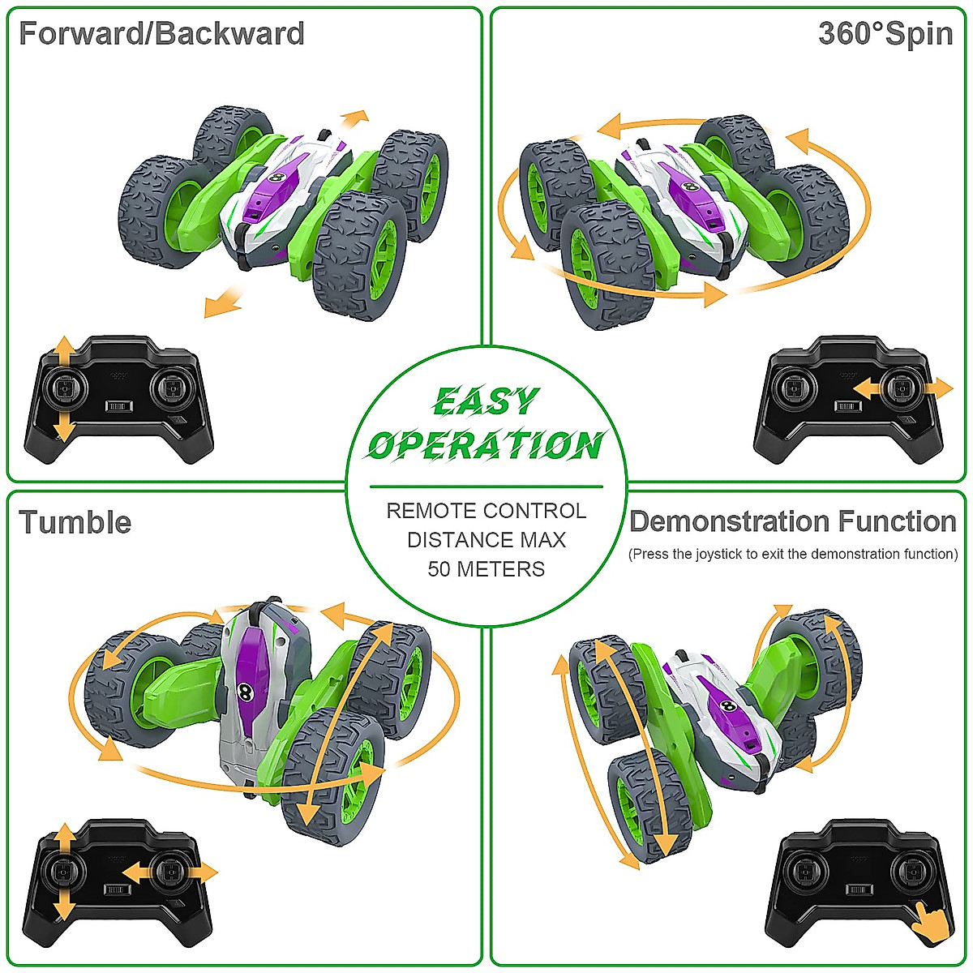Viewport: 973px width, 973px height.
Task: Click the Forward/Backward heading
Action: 161,34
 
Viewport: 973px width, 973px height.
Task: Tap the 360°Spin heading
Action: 885,34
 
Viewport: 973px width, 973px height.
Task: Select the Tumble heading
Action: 75,522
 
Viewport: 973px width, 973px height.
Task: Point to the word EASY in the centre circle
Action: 485,401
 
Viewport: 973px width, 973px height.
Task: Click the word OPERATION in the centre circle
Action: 485,444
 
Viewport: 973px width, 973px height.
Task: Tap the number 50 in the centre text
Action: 439,569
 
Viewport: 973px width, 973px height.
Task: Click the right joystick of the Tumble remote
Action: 169,872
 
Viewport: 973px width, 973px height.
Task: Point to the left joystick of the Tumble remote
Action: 63,871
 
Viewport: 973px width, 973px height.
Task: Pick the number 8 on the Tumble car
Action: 245,691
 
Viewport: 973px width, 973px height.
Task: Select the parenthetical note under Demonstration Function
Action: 793,555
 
